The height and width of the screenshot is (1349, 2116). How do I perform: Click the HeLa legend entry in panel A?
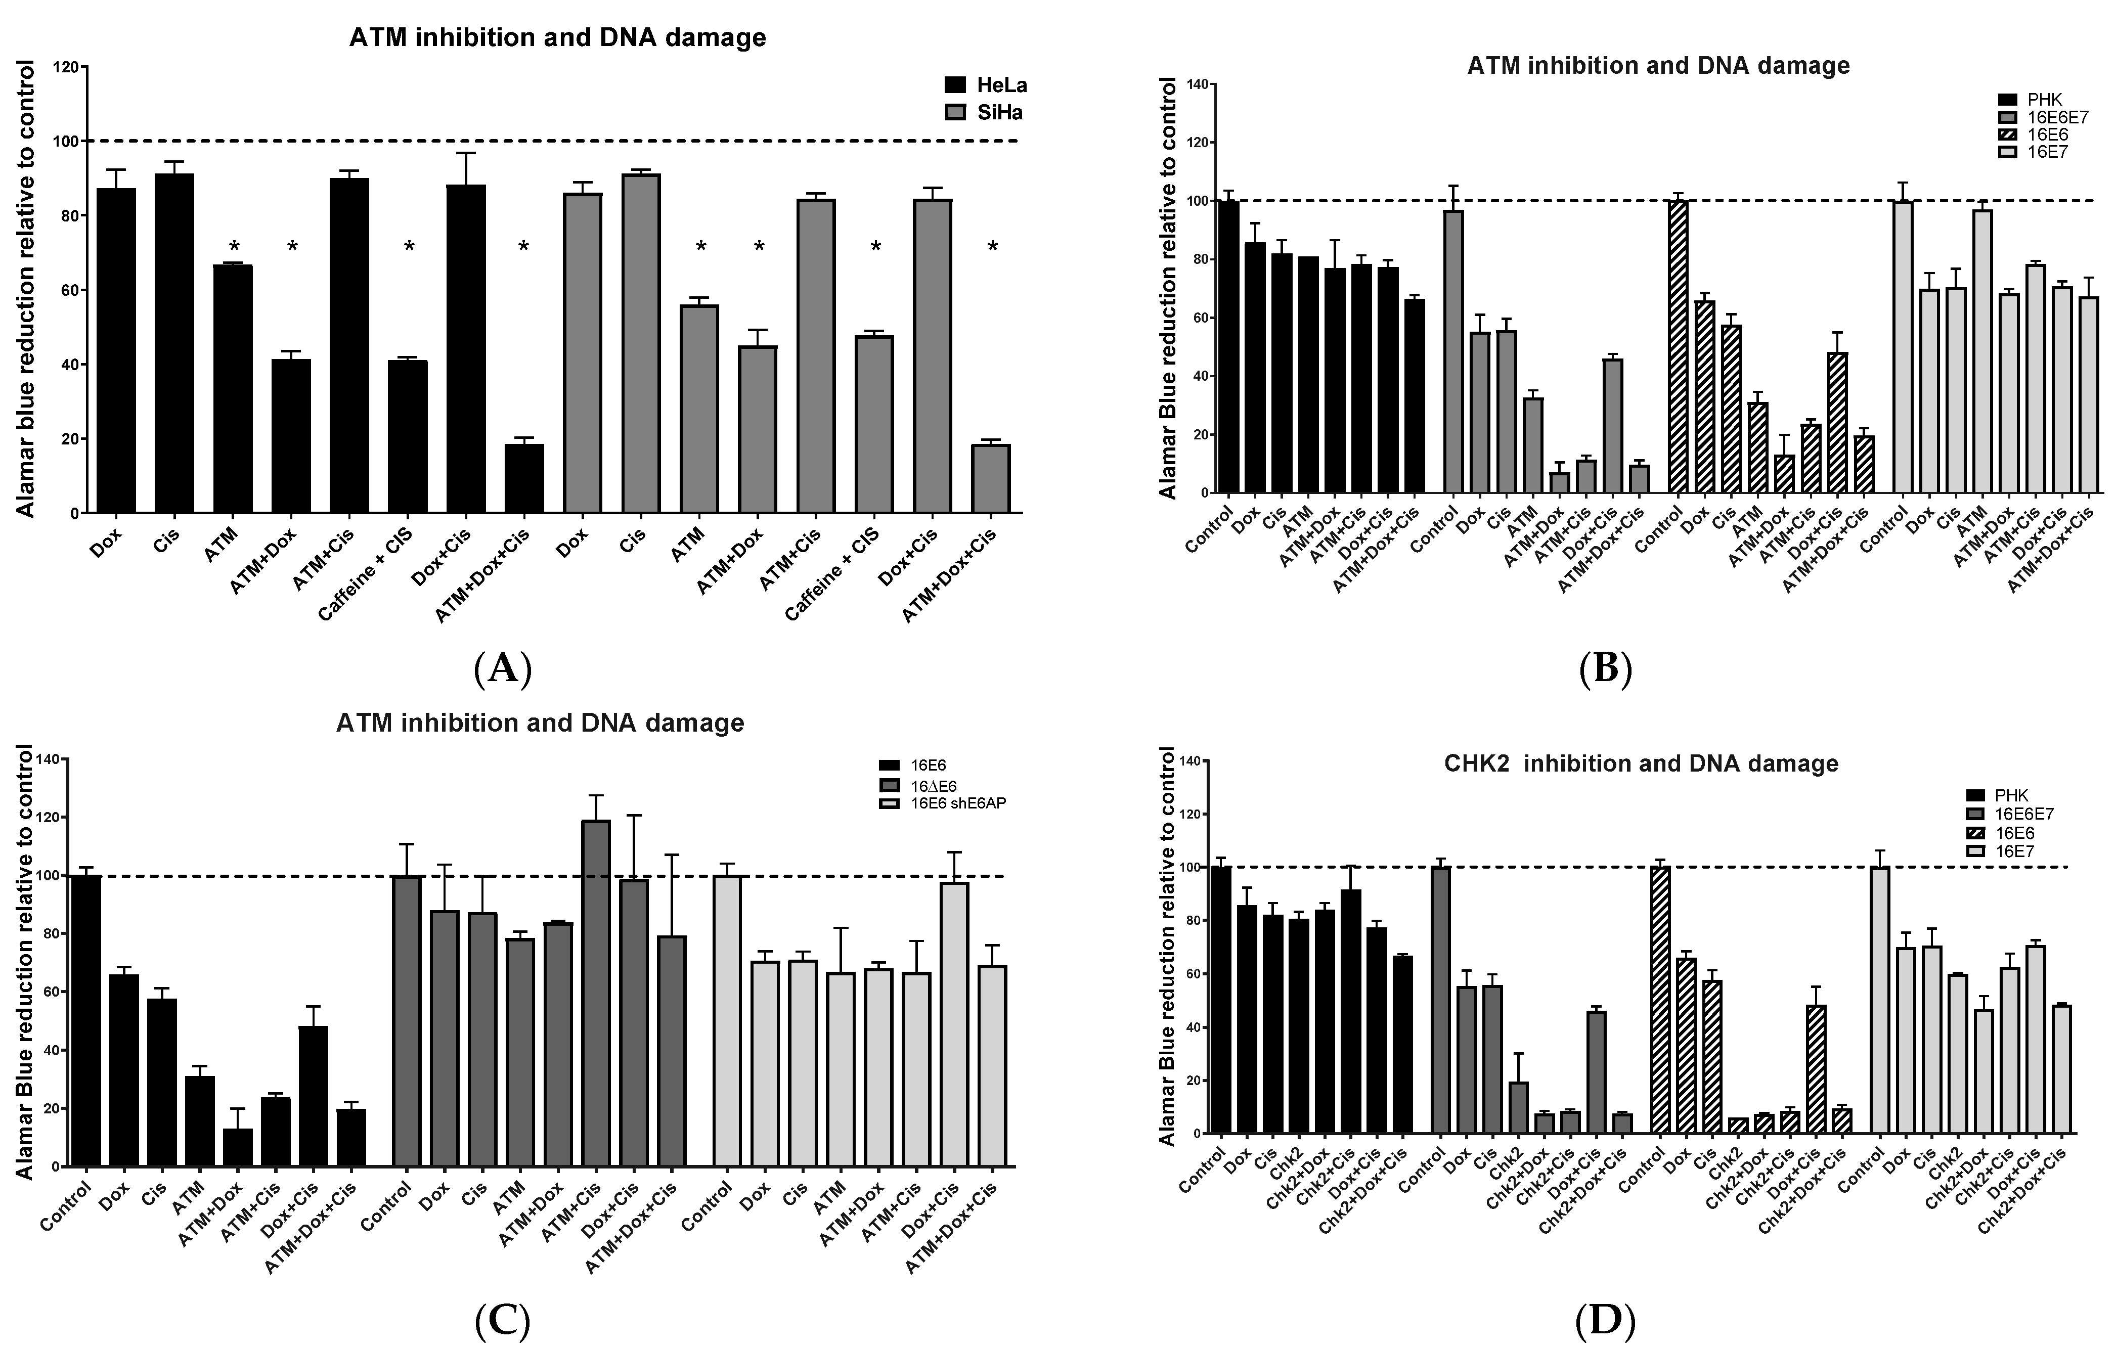pos(984,85)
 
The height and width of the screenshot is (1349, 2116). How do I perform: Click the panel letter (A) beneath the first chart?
pos(503,669)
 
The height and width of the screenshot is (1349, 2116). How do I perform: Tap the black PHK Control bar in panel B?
pos(1228,347)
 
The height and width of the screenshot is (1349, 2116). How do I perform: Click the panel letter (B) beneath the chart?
pos(1605,669)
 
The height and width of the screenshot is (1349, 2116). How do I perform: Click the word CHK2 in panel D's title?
pos(1476,764)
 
